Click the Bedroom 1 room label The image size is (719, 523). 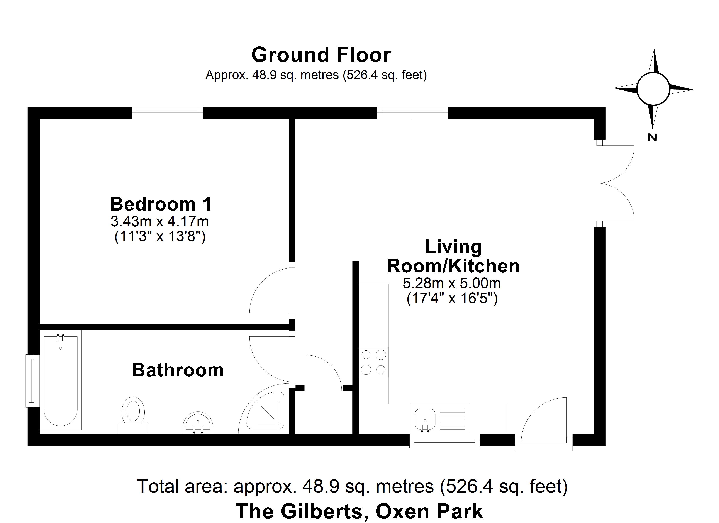click(x=161, y=204)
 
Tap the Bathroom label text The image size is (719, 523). click(x=178, y=370)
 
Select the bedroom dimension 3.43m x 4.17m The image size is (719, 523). click(x=159, y=221)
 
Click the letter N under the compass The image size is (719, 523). click(x=652, y=138)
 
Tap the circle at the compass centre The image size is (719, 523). click(x=653, y=89)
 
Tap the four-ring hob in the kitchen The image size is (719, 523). click(x=373, y=362)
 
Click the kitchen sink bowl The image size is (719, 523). click(x=425, y=418)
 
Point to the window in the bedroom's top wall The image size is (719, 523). click(x=167, y=112)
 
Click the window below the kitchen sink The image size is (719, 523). click(x=444, y=441)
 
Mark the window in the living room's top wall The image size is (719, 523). click(x=412, y=112)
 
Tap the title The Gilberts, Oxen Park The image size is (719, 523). click(x=359, y=511)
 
